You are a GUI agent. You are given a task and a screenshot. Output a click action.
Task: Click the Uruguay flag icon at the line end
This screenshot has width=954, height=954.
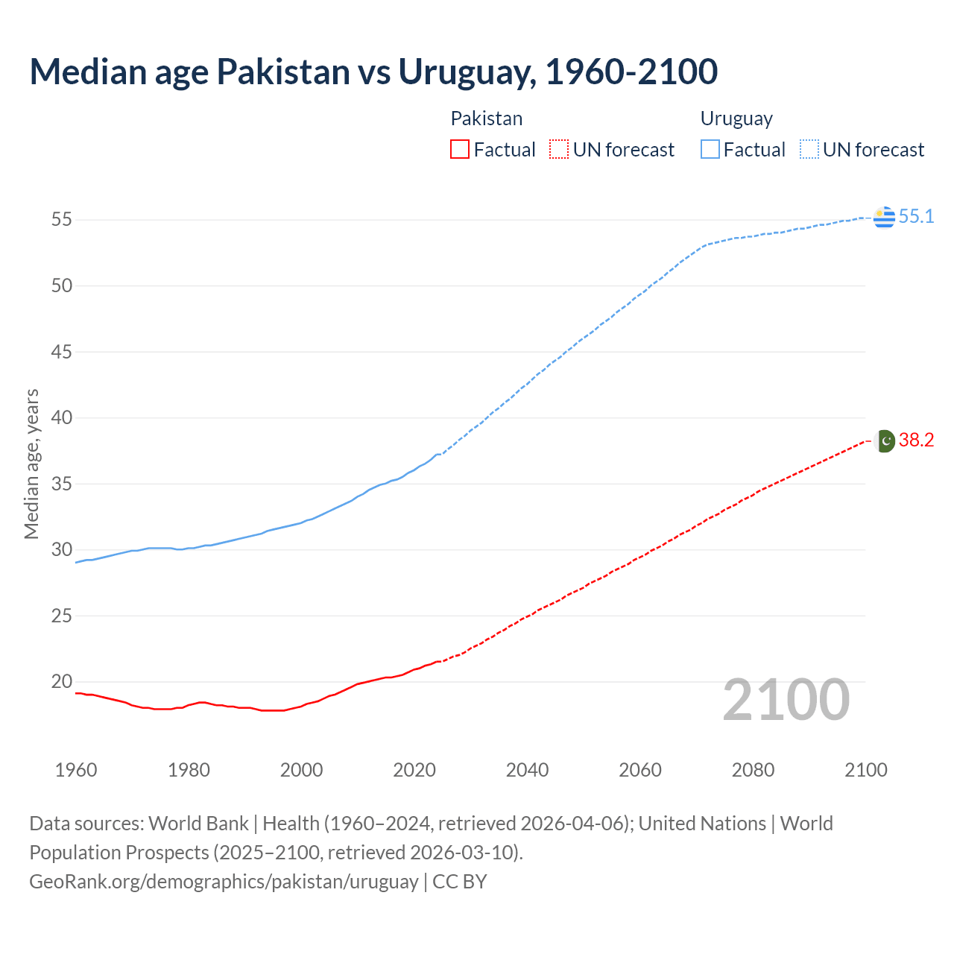click(x=884, y=217)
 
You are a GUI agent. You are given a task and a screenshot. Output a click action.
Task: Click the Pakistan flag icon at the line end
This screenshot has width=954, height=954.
click(x=884, y=440)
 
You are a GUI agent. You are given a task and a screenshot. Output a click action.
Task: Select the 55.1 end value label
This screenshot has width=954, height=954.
click(x=916, y=217)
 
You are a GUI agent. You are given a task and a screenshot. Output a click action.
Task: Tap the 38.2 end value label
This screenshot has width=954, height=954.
click(x=916, y=440)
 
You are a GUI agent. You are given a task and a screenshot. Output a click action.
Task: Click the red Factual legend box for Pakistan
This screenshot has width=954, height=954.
click(x=460, y=150)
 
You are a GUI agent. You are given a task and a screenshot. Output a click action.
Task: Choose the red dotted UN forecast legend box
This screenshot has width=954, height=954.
click(x=559, y=150)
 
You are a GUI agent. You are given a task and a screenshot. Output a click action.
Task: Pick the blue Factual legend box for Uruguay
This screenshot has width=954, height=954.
click(x=710, y=150)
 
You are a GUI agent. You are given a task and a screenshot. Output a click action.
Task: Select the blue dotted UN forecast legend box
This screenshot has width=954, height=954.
click(x=809, y=150)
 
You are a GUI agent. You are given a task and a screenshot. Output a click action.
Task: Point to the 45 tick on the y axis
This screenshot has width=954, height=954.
click(x=61, y=352)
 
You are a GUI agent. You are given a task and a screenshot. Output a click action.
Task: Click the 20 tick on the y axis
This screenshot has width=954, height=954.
click(x=61, y=682)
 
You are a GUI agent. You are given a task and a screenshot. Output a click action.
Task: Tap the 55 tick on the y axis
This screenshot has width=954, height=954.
click(x=61, y=220)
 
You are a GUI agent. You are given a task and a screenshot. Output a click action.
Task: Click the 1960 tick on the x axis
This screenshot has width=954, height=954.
click(x=76, y=770)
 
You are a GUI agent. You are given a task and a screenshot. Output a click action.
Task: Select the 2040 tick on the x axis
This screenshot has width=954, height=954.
click(x=527, y=770)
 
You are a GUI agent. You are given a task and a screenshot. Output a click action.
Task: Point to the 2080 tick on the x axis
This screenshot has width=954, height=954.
click(x=753, y=770)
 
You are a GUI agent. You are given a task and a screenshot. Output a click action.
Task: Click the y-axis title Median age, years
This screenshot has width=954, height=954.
click(x=31, y=464)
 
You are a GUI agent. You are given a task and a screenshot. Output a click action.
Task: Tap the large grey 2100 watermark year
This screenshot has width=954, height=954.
click(x=786, y=700)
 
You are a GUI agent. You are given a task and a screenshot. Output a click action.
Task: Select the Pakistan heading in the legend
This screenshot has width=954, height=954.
click(x=487, y=119)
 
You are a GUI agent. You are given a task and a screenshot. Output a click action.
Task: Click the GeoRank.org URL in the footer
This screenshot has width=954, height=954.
click(x=224, y=882)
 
